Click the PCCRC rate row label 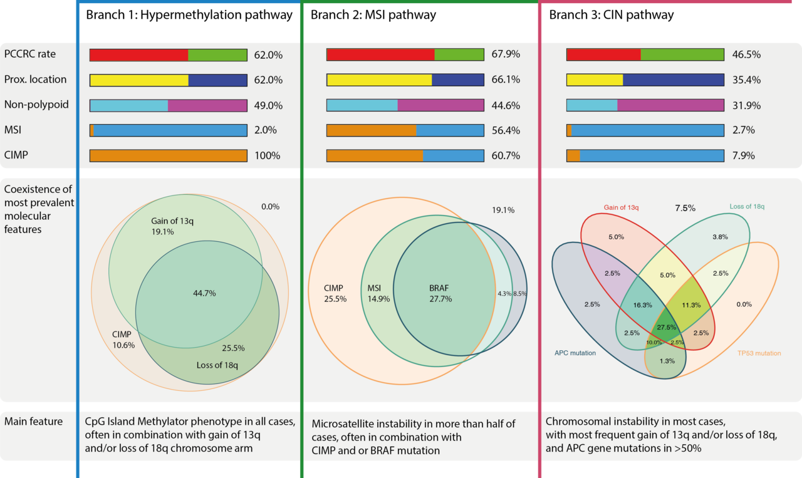[29, 54]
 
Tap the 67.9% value [506, 55]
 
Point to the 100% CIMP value [268, 156]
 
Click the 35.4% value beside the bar [746, 80]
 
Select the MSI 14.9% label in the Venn [378, 293]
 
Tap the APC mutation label [575, 353]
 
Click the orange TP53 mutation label [758, 353]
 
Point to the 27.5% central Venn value [666, 328]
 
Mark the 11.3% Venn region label [691, 305]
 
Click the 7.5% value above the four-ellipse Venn [685, 208]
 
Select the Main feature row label [33, 422]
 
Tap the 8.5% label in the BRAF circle [520, 293]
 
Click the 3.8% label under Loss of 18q [721, 237]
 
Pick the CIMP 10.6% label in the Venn [123, 340]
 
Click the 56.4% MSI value [506, 130]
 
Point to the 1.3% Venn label [667, 360]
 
